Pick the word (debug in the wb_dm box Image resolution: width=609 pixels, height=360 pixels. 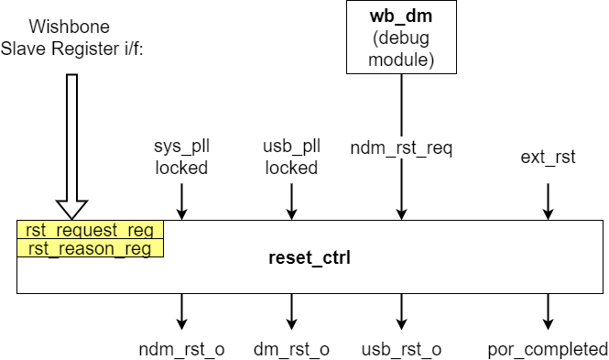[400, 38]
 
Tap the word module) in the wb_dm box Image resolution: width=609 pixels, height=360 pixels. [400, 60]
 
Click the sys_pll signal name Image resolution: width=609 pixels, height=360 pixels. [181, 147]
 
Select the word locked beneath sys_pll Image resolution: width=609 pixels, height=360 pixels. [181, 168]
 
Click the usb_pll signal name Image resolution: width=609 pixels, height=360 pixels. [290, 147]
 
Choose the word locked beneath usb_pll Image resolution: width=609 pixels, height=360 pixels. [290, 168]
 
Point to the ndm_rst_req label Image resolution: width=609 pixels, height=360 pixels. [402, 147]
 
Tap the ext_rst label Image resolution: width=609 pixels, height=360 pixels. [548, 157]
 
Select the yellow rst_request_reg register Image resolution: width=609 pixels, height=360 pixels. [90, 230]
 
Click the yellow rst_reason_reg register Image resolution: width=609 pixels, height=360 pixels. [90, 248]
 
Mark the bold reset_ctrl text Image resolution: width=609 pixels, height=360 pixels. [310, 257]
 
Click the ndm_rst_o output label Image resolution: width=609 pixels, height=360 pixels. [181, 349]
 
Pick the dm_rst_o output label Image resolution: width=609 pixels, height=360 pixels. [290, 349]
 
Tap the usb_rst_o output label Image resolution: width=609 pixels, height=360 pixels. [401, 349]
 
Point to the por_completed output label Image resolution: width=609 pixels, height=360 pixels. [547, 349]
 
